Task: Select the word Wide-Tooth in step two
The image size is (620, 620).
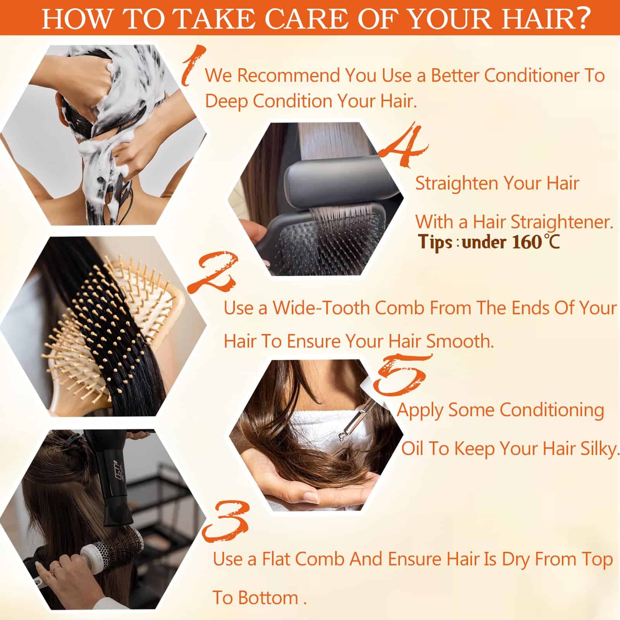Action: coord(321,308)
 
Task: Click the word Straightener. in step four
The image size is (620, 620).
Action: coord(562,222)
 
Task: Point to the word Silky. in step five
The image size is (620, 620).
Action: coord(601,449)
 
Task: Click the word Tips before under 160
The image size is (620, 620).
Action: coord(436,242)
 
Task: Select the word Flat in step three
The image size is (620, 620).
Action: coord(277,559)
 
